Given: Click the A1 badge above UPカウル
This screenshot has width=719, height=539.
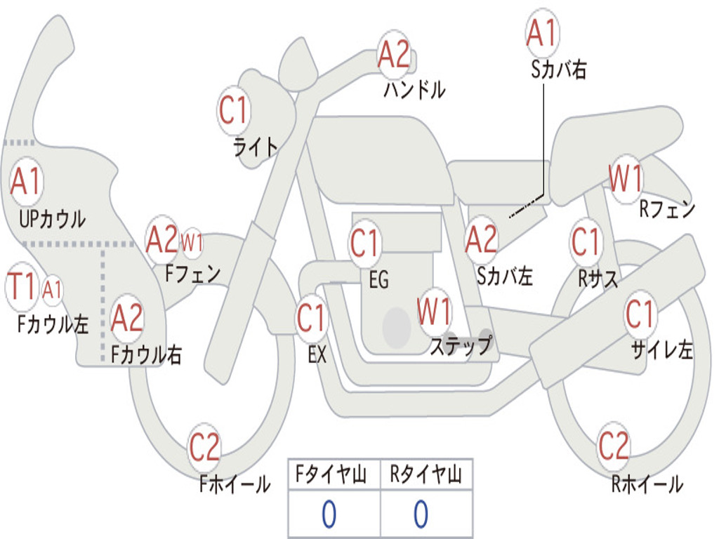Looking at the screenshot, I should tap(27, 182).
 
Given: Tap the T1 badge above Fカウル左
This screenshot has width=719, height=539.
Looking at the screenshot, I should tap(21, 286).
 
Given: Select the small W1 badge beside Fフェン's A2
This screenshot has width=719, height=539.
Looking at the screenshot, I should tap(192, 244).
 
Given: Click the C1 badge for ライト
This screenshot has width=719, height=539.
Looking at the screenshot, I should tap(234, 109).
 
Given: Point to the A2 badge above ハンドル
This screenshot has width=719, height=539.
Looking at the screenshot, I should tap(393, 54).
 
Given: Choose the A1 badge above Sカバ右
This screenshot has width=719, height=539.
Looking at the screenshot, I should tap(541, 33).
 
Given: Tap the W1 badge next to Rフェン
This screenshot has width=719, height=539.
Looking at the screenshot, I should tap(625, 180).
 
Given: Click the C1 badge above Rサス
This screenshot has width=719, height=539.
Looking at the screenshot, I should tap(586, 242).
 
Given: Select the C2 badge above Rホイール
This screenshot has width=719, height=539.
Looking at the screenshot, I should tap(614, 446).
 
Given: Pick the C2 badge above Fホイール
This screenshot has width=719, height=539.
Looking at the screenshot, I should tap(204, 447).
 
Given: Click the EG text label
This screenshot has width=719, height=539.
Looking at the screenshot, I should tap(378, 280).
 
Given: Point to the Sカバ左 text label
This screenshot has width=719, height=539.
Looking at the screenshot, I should tap(505, 276).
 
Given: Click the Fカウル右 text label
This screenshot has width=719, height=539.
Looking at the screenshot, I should tap(147, 354).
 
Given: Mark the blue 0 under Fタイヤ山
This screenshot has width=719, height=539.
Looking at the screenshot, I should tap(329, 514).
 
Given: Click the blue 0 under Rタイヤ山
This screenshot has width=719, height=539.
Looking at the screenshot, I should tap(421, 514).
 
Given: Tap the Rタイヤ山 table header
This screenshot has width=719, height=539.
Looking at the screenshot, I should tap(426, 476).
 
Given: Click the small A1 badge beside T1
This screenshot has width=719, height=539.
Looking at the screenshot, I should tap(53, 289).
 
